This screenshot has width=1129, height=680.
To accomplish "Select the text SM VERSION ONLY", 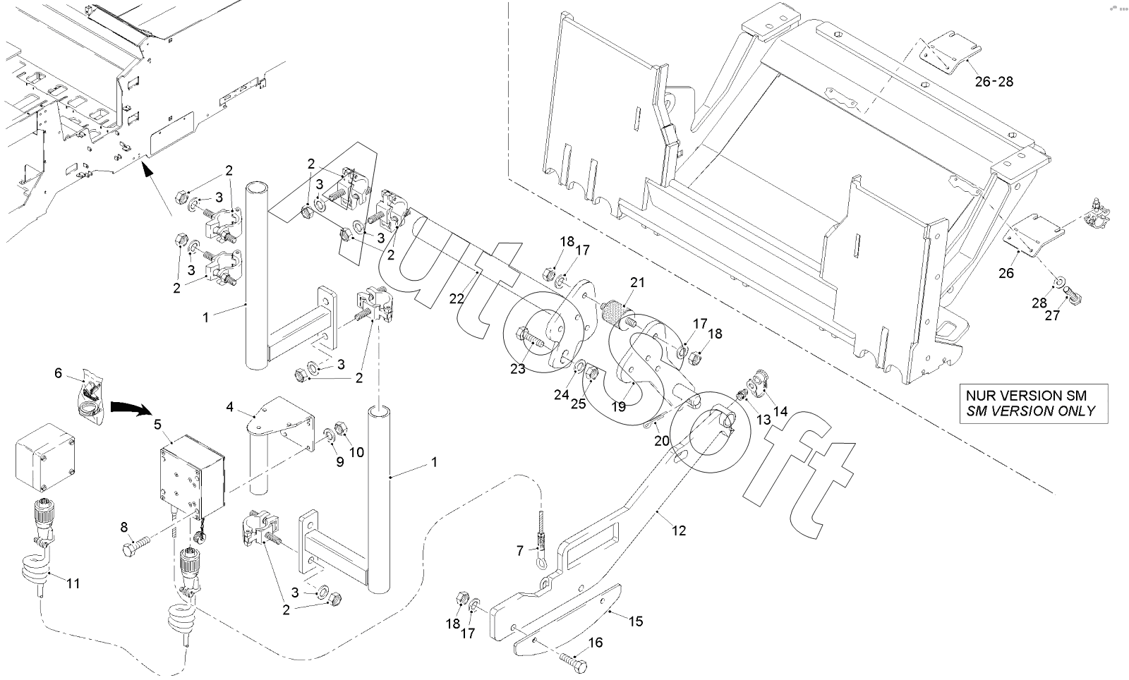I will tap(1031, 411).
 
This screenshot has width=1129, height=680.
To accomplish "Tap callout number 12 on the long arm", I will tap(679, 530).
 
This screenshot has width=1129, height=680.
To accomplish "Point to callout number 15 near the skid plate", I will tap(636, 621).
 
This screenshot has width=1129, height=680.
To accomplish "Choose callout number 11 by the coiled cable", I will tap(73, 583).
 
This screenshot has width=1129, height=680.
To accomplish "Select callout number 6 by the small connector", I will tap(59, 372).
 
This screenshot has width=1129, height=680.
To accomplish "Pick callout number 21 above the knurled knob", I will tap(637, 283).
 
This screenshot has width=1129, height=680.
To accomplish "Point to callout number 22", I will tap(457, 298).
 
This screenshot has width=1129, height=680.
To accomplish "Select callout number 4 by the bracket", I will tap(229, 407).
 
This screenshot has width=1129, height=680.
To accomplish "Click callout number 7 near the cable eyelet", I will tap(520, 551).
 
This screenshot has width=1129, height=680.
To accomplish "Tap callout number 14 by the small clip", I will tap(780, 411).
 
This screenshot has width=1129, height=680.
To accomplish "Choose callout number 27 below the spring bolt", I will tap(1052, 315).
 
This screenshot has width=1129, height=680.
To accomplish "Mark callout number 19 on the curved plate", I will tap(619, 406).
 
